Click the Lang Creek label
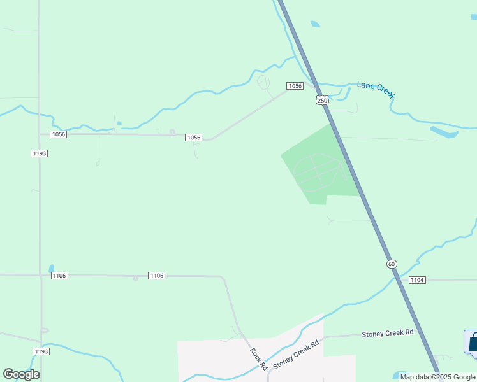pyautogui.click(x=376, y=89)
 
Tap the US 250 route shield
pyautogui.click(x=323, y=101)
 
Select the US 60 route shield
pyautogui.click(x=391, y=264)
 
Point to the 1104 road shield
pyautogui.click(x=417, y=280)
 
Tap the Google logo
pyautogui.click(x=21, y=374)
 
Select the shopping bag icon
pyautogui.click(x=472, y=342)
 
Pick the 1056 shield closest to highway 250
pyautogui.click(x=294, y=86)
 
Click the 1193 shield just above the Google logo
pyautogui.click(x=41, y=351)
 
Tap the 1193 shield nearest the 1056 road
pyautogui.click(x=39, y=153)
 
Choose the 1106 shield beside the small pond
pyautogui.click(x=59, y=275)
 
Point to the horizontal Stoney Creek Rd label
pyautogui.click(x=388, y=333)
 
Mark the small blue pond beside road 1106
pyautogui.click(x=51, y=269)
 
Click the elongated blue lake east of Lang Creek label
pyautogui.click(x=444, y=132)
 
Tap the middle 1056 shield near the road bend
pyautogui.click(x=194, y=138)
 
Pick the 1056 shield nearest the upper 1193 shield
pyautogui.click(x=59, y=134)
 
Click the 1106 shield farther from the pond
pyautogui.click(x=156, y=275)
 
